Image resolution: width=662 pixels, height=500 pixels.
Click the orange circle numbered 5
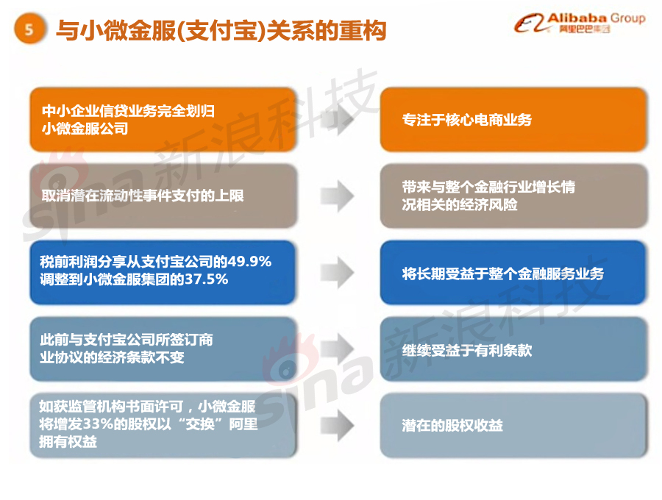pos(29,29)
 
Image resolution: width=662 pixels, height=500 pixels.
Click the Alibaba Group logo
pos(580,23)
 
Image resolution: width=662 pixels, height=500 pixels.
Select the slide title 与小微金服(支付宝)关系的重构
pos(221,30)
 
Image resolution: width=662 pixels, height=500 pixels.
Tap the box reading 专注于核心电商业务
pos(513,119)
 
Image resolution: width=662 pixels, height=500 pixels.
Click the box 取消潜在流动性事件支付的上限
pos(163,196)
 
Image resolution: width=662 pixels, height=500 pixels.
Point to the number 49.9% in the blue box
pos(249,262)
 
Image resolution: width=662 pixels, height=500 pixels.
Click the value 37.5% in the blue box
pos(207,279)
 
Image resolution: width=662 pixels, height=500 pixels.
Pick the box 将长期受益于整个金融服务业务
pos(513,273)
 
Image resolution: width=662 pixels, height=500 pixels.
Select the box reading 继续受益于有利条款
pos(513,349)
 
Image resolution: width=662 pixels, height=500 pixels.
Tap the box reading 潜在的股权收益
pos(513,425)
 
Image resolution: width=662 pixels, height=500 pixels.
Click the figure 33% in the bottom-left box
pos(99,424)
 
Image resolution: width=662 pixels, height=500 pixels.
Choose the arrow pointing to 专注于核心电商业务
pos(338,119)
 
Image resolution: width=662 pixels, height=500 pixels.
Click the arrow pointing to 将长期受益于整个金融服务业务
pos(338,273)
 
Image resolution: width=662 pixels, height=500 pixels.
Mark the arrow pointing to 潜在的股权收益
pos(338,425)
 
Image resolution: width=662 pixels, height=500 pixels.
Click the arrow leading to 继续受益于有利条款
pos(338,349)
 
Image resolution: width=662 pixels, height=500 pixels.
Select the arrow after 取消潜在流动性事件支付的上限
pos(338,196)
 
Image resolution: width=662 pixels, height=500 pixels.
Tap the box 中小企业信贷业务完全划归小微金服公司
pos(163,119)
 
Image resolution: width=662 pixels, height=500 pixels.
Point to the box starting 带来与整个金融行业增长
pos(513,196)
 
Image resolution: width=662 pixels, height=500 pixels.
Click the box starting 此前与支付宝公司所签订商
pos(163,349)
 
